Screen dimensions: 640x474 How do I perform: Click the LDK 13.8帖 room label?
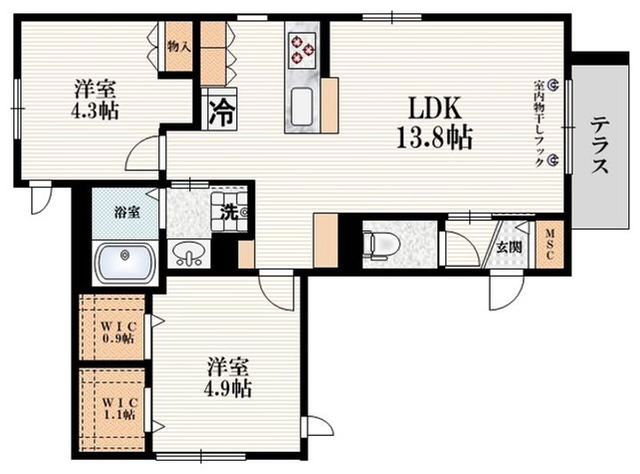[435, 123]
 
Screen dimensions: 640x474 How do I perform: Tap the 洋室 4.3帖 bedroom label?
[95, 100]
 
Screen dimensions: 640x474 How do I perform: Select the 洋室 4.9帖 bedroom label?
[228, 377]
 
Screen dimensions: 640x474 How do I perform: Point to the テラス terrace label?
[600, 145]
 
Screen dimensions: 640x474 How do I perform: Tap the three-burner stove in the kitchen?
[302, 50]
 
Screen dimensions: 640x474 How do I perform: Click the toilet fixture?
[381, 245]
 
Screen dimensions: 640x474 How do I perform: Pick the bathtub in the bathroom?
[124, 262]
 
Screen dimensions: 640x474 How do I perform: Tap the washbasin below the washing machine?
[188, 254]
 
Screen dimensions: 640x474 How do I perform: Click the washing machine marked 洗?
[229, 212]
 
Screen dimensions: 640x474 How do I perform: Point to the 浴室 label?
[127, 213]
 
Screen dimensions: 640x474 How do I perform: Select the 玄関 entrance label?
[509, 247]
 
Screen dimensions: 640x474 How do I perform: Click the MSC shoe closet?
[549, 245]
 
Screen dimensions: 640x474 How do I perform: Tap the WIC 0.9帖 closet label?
[118, 333]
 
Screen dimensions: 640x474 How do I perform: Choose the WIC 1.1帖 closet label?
[118, 409]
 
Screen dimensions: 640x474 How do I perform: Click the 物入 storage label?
[179, 46]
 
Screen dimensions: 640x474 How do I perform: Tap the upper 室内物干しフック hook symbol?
[553, 84]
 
